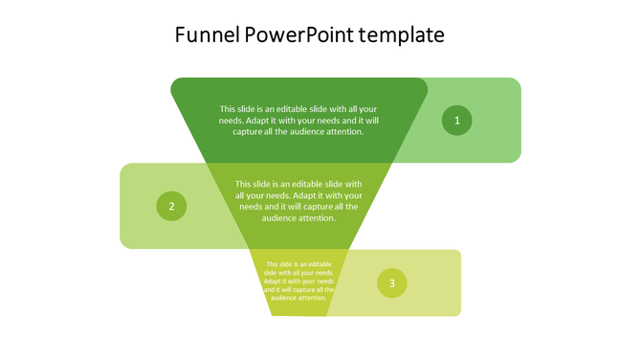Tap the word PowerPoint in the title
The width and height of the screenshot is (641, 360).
tap(298, 36)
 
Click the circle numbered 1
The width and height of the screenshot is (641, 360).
tap(457, 121)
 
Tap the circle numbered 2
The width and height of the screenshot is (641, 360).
tap(171, 206)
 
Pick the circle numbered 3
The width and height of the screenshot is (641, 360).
tap(391, 282)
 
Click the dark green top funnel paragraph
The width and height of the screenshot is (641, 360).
tap(298, 121)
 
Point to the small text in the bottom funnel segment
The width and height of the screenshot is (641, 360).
tap(298, 281)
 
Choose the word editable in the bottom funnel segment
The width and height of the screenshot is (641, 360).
tap(317, 264)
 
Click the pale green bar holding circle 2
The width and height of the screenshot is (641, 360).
tap(144, 230)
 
